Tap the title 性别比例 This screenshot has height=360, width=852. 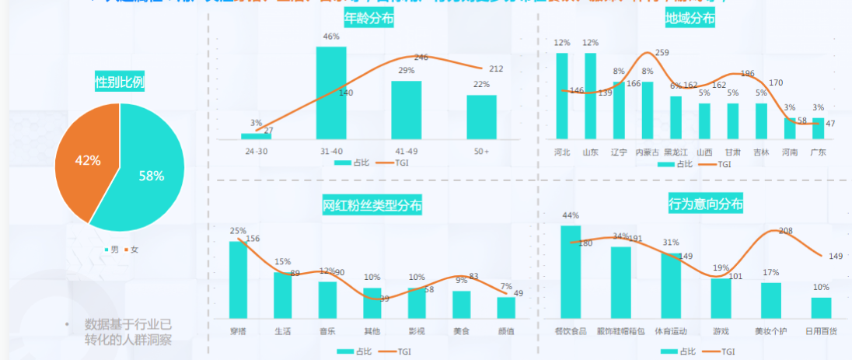click(x=119, y=81)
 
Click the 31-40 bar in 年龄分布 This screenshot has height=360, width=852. click(x=330, y=93)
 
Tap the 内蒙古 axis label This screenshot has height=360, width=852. click(x=647, y=152)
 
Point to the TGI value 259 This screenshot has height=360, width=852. click(x=662, y=53)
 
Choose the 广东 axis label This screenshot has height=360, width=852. click(x=818, y=152)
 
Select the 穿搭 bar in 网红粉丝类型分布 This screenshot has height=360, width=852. click(x=238, y=280)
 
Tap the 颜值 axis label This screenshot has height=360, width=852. click(x=506, y=331)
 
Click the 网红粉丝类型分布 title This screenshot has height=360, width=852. click(x=372, y=206)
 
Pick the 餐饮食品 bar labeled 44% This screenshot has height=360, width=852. click(x=571, y=272)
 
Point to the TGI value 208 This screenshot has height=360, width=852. click(x=785, y=231)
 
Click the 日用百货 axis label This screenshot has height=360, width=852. click(x=821, y=331)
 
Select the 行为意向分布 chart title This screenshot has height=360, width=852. click(x=705, y=204)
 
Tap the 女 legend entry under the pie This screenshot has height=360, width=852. click(x=131, y=250)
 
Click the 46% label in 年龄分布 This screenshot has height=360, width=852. click(x=330, y=37)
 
